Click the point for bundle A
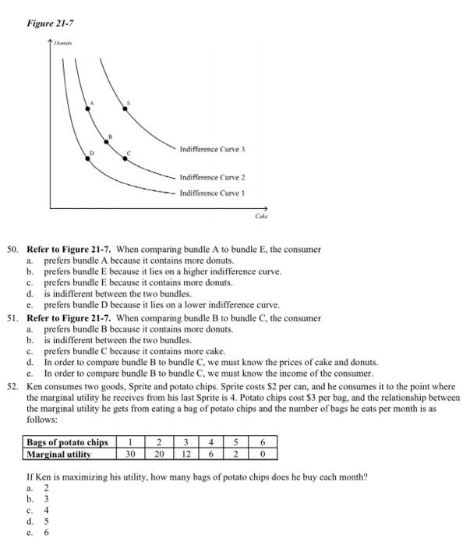(87, 108)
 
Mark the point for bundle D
(87, 158)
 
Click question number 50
(12, 250)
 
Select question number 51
(12, 318)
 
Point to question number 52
(12, 386)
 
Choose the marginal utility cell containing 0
(263, 454)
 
